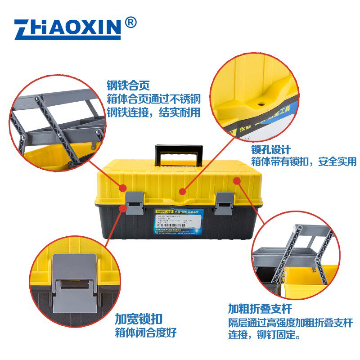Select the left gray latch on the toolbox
134,202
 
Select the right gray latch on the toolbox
224,202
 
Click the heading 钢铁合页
128,85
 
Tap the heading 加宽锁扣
135,319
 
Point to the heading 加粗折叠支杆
260,309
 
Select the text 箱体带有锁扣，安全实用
303,162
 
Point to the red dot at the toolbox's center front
182,191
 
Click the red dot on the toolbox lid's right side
237,181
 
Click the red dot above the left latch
123,187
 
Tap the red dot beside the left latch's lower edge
123,207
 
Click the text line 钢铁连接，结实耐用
153,112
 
